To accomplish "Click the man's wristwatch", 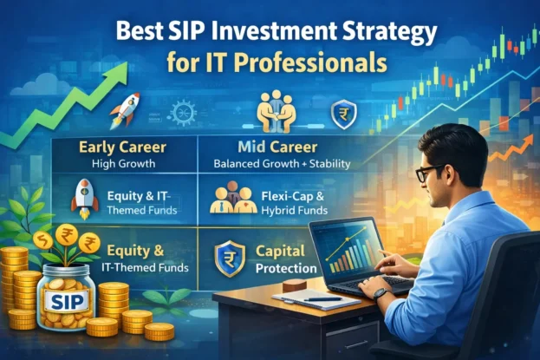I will click(x=381, y=292).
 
